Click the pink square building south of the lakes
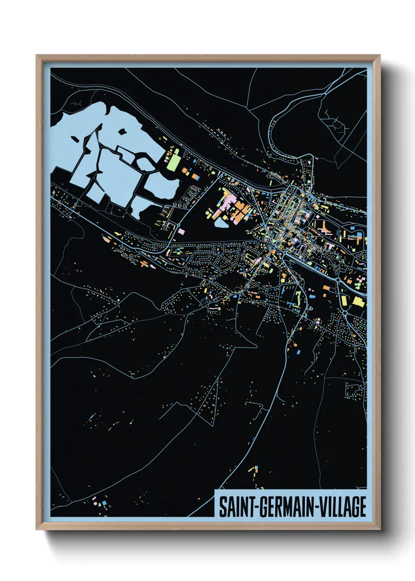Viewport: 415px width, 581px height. [181, 232]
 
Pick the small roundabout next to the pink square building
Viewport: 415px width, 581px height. [178, 225]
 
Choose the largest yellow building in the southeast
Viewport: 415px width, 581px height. [358, 301]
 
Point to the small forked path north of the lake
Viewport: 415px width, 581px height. [77, 104]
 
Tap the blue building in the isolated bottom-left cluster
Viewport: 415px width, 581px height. [104, 504]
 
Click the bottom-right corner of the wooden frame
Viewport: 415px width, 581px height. [380, 529]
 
